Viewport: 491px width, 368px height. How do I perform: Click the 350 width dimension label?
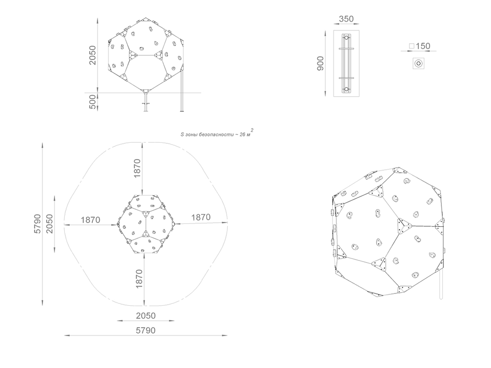coord(346,19)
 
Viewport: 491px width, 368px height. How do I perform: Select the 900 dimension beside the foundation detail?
coord(320,63)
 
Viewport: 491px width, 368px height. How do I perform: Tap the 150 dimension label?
coord(423,46)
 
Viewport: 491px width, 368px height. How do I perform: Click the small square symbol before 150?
coord(412,46)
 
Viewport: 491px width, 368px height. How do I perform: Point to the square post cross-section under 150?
coord(418,63)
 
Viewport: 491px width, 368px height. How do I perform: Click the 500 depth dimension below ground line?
coord(93,102)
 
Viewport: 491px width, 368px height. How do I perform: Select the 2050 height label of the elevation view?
coord(93,55)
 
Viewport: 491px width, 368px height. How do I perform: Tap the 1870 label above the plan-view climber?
coord(137,168)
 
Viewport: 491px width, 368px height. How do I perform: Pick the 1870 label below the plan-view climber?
coord(139,279)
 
